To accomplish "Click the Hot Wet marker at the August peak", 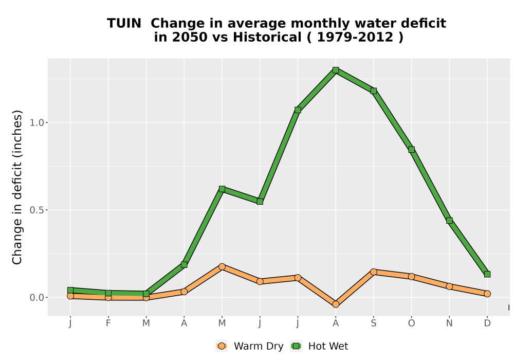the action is click(336, 70).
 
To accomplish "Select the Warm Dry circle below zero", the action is click(336, 304).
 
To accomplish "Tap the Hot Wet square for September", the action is click(374, 91).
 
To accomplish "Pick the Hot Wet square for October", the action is click(411, 150).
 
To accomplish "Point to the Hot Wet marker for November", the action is click(449, 220).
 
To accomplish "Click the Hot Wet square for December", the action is click(487, 274).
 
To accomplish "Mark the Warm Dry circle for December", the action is click(487, 294).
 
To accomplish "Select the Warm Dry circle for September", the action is click(374, 272).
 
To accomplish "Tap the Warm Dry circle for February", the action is click(108, 297).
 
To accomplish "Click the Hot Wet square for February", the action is click(108, 293).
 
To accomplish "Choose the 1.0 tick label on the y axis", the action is click(36, 122).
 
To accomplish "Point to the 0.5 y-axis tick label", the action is click(36, 210).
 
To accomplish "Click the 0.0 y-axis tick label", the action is click(36, 297).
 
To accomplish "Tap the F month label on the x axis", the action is click(108, 323).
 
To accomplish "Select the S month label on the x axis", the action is click(374, 323).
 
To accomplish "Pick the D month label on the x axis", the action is click(487, 323).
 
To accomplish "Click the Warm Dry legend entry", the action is click(250, 346).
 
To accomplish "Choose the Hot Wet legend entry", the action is click(320, 346).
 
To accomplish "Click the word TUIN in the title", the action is click(124, 23).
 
